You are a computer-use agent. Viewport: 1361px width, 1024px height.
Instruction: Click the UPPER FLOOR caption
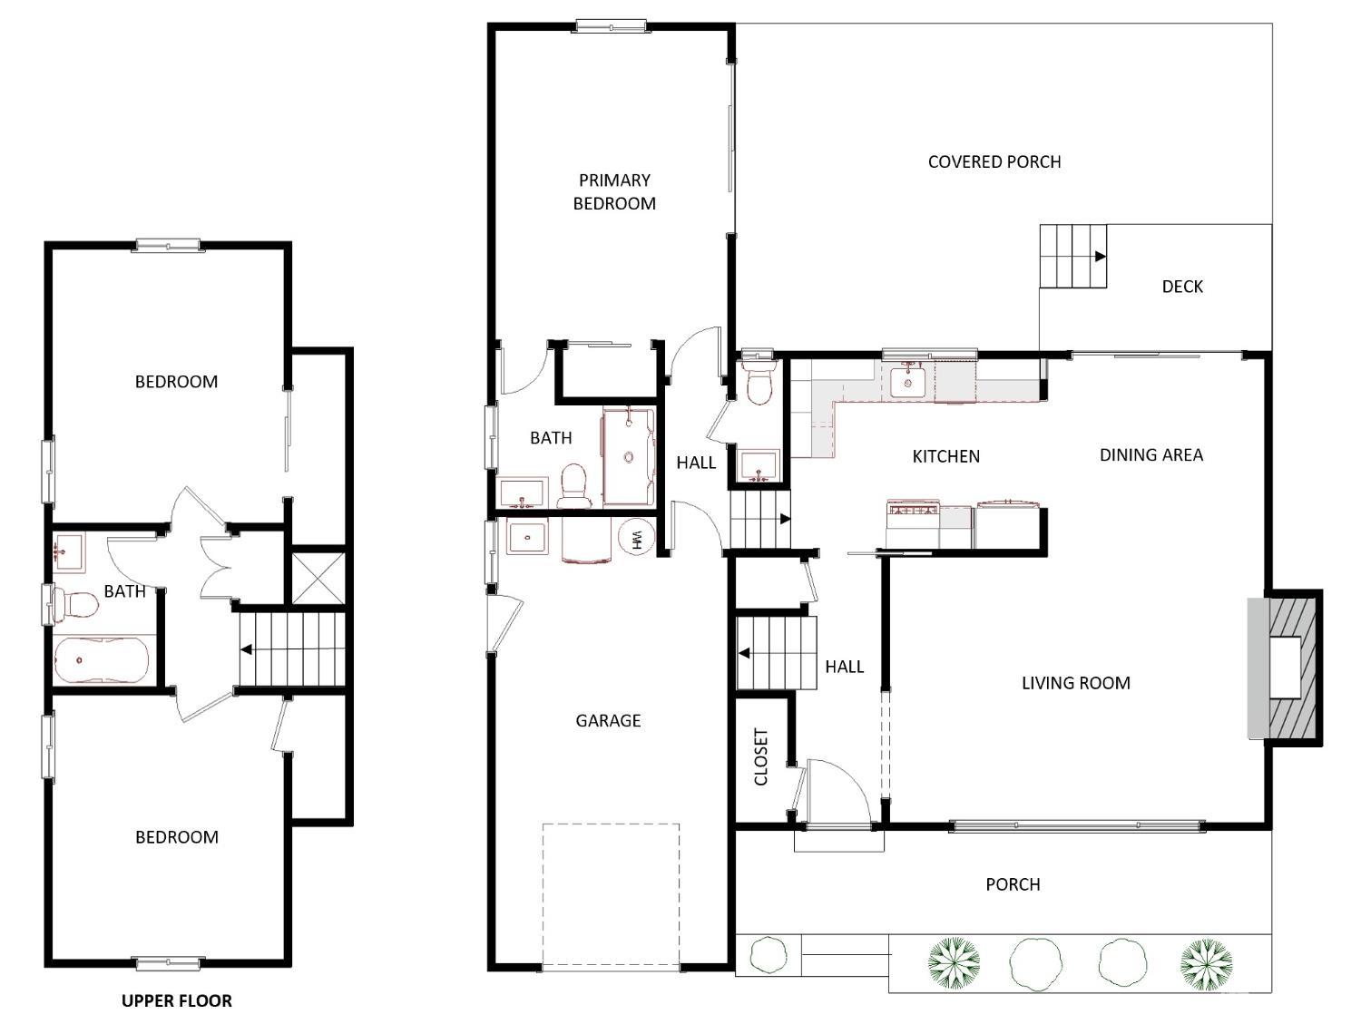(177, 1000)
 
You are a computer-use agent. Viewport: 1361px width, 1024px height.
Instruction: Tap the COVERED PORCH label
(994, 161)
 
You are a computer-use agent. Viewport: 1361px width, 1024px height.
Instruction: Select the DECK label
(1182, 287)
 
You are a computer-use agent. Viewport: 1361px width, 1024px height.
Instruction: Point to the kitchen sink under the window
(907, 382)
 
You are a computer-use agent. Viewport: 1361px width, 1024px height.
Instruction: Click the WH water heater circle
(636, 539)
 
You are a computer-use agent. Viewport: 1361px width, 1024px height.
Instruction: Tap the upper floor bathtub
(99, 660)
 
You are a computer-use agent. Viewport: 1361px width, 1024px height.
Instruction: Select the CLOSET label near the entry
(761, 757)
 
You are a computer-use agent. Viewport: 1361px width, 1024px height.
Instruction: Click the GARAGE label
(608, 721)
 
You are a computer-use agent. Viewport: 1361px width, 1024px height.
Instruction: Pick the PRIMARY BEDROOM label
(614, 192)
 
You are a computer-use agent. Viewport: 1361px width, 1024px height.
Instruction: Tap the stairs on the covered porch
(1073, 256)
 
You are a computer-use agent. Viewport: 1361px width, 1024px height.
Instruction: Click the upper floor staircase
(291, 649)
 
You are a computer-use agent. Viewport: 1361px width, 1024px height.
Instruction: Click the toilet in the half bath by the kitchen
(758, 383)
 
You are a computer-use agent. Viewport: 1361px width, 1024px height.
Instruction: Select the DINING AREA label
(1150, 455)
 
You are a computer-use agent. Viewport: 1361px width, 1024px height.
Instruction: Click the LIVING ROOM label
(1075, 683)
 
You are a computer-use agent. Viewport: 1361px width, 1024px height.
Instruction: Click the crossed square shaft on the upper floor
(318, 578)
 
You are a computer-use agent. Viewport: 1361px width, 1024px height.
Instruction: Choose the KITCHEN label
(945, 456)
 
